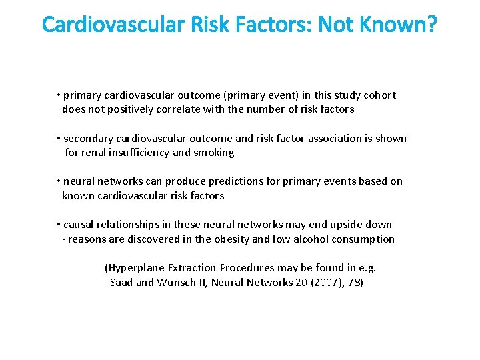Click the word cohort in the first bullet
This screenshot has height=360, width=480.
click(x=379, y=95)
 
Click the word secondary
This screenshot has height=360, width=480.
click(x=88, y=139)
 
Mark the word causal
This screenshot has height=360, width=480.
click(x=79, y=225)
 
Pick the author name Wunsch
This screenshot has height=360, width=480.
click(x=184, y=282)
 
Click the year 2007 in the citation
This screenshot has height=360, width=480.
click(x=325, y=282)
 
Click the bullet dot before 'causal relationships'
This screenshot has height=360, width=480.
click(x=59, y=225)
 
